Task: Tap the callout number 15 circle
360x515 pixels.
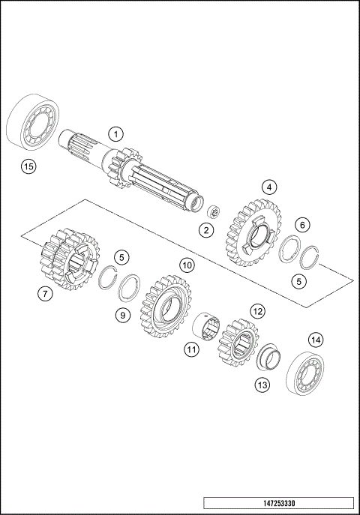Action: pos(28,166)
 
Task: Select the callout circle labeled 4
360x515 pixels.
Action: pos(268,187)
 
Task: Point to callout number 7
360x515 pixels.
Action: pos(46,294)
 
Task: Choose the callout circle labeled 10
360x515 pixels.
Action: pos(187,265)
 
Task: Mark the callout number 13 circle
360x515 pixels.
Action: pos(261,385)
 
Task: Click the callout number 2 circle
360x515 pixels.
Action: pos(205,230)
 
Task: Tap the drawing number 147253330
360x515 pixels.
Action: pos(278,502)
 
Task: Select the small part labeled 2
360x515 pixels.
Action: pos(213,212)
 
